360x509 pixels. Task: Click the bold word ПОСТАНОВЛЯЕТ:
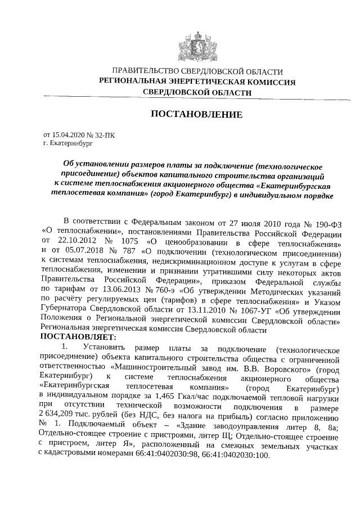point(76,337)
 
